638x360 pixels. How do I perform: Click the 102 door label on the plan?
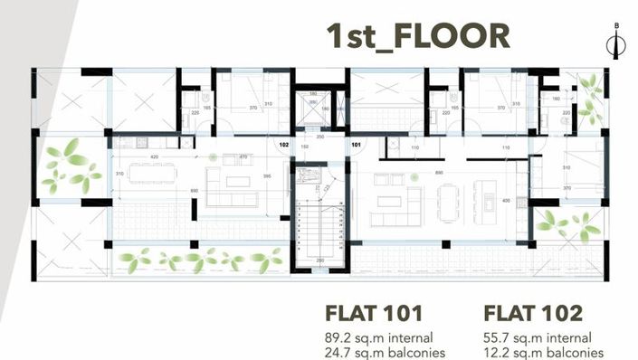coord(283,144)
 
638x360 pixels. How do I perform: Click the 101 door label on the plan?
coord(356,144)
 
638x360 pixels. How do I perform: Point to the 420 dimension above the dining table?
coord(155,157)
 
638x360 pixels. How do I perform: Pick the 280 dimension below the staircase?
coord(319,261)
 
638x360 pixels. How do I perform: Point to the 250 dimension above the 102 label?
coord(319,135)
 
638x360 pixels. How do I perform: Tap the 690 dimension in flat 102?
coord(194,190)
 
